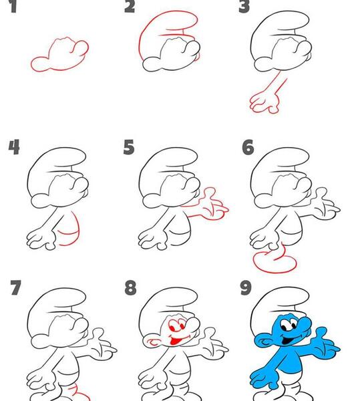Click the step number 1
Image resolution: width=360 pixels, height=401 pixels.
pos(13,7)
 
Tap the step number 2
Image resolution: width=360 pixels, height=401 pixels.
pos(130,7)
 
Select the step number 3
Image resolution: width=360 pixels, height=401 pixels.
pos(244,7)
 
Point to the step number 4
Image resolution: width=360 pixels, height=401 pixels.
pos(14,147)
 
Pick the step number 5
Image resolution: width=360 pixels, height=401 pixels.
pos(129,147)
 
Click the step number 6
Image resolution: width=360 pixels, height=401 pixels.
pos(248,147)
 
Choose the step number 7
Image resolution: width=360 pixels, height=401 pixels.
pos(15,287)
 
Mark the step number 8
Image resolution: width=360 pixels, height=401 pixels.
pos(130,287)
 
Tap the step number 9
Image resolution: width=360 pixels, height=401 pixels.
pos(246,287)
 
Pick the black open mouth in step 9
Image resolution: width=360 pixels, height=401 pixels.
pos(288,340)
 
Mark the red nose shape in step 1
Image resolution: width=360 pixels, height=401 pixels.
pos(79,49)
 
